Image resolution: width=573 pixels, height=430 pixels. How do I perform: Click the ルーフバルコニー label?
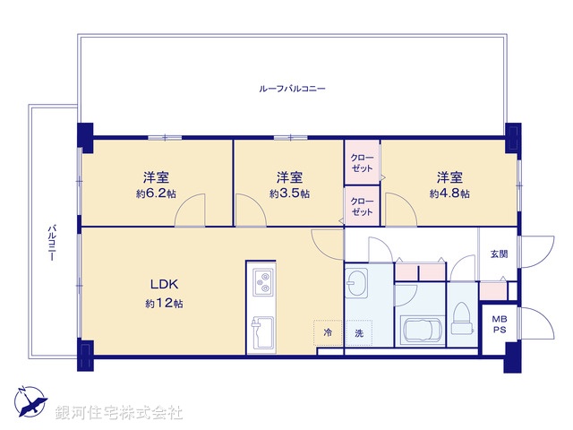(x=292, y=90)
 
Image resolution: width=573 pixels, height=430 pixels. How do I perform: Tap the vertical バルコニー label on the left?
(x=52, y=241)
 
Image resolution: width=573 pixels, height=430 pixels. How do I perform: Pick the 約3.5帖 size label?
(x=289, y=193)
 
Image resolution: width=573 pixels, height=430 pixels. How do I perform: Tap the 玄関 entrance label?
(x=499, y=254)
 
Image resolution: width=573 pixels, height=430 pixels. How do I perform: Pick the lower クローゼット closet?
(x=363, y=206)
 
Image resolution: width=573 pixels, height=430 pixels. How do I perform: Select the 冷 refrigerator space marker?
(x=328, y=332)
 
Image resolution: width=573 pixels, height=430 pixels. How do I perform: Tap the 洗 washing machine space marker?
(x=358, y=332)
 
